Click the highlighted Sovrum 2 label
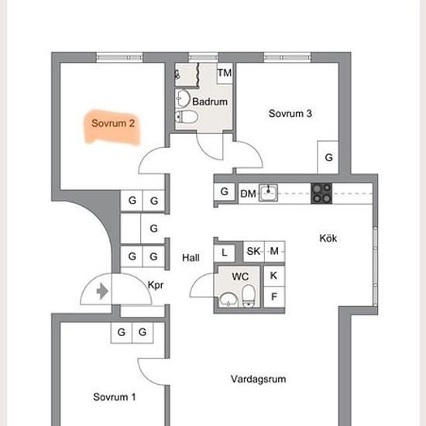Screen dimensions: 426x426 pyautogui.click(x=113, y=123)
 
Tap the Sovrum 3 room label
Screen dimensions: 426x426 pyautogui.click(x=290, y=114)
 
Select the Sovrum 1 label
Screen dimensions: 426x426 pyautogui.click(x=114, y=397)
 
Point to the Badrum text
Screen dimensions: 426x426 pyautogui.click(x=210, y=102)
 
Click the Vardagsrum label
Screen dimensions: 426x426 pyautogui.click(x=258, y=379)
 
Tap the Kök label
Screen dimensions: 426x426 pyautogui.click(x=328, y=239)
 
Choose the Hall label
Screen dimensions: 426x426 pyautogui.click(x=191, y=258)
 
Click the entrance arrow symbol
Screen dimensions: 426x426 pyautogui.click(x=102, y=291)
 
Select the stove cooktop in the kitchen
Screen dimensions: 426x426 pyautogui.click(x=321, y=194)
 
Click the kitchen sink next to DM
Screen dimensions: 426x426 pyautogui.click(x=268, y=193)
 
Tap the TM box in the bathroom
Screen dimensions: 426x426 pyautogui.click(x=225, y=73)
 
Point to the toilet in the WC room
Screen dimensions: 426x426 pyautogui.click(x=249, y=296)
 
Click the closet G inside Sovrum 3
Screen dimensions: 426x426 pyautogui.click(x=328, y=157)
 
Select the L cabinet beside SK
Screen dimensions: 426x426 pyautogui.click(x=225, y=253)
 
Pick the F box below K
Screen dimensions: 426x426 pyautogui.click(x=274, y=297)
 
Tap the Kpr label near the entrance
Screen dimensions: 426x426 pyautogui.click(x=156, y=285)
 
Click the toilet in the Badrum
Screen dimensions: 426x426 pyautogui.click(x=187, y=117)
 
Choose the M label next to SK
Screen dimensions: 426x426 pyautogui.click(x=274, y=251)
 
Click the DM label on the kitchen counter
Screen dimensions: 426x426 pyautogui.click(x=248, y=194)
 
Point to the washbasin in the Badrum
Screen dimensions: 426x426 pyautogui.click(x=183, y=98)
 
